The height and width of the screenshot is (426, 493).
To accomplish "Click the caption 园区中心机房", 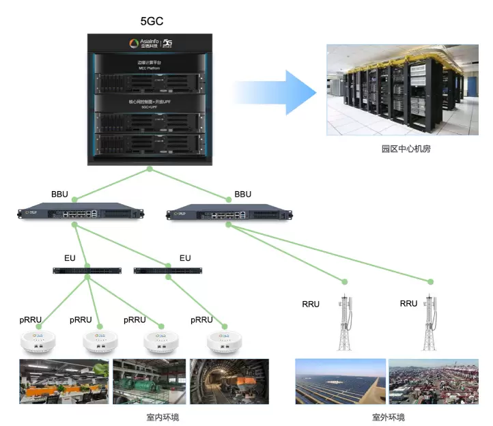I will pos(402,149).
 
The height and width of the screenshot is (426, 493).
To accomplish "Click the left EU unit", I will pos(86,270).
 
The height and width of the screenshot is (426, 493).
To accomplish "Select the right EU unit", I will pos(168,270).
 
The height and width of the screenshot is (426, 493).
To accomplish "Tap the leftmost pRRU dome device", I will pos(38,340).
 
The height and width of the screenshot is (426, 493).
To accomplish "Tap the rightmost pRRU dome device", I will pos(221,340).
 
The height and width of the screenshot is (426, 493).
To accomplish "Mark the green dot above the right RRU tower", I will pos(430,281).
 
